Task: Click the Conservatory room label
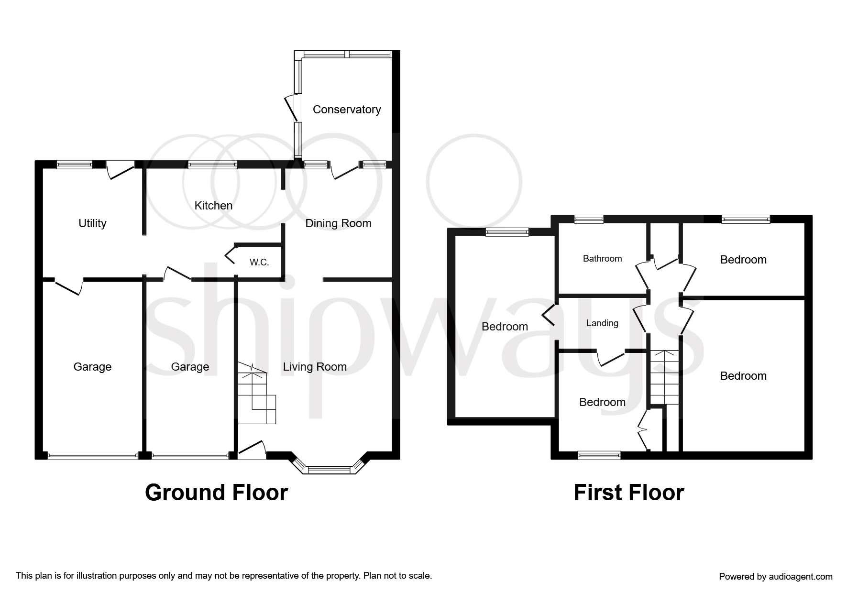[x=347, y=110]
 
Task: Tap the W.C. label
[x=259, y=262]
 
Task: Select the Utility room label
[x=92, y=223]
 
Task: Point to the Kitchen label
[x=213, y=206]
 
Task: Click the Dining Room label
[x=339, y=223]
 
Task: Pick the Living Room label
[x=315, y=367]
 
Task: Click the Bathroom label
[x=603, y=259]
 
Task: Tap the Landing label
[x=603, y=323]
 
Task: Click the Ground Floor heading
[x=216, y=493]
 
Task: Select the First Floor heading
[x=629, y=493]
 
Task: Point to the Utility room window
[x=74, y=165]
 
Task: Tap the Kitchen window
[x=212, y=165]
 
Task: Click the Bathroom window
[x=589, y=220]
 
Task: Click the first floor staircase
[x=664, y=377]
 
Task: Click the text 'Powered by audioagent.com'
[x=776, y=577]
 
